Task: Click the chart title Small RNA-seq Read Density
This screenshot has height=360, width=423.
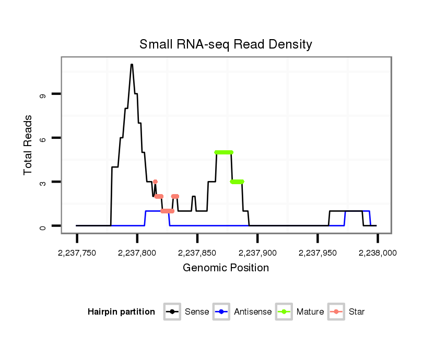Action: (x=226, y=44)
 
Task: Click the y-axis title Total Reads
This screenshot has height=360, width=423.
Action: (x=29, y=145)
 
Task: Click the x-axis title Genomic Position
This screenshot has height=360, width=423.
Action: (x=226, y=268)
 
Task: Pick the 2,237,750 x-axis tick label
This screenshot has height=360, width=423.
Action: (x=77, y=253)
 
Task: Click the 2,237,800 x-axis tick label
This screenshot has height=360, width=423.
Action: (x=137, y=253)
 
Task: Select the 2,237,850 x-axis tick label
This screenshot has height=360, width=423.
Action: (x=197, y=253)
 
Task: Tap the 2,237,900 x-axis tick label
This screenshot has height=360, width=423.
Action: (x=257, y=253)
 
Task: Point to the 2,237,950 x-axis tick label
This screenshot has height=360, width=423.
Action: (x=318, y=253)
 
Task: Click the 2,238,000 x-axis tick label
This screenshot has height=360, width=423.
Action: (x=378, y=253)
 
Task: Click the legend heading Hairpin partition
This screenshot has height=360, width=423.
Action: (x=122, y=312)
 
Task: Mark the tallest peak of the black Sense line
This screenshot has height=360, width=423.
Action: (x=132, y=65)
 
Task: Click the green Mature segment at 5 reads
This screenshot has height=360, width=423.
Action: (x=224, y=152)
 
